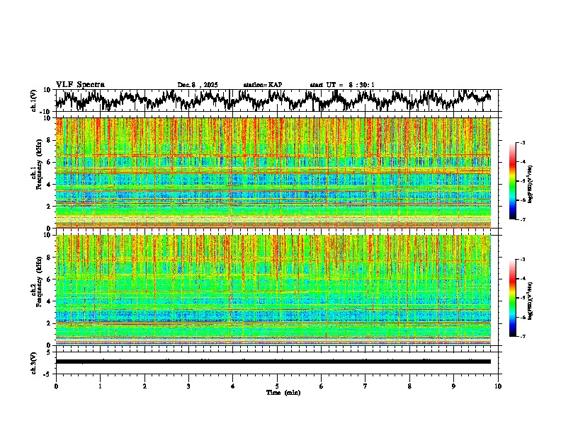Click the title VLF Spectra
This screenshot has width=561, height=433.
click(x=80, y=84)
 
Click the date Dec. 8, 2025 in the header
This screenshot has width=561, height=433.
click(x=198, y=85)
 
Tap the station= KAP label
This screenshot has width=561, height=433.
click(x=262, y=85)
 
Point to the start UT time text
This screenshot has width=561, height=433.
click(x=342, y=85)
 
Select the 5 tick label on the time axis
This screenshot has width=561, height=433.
click(x=277, y=386)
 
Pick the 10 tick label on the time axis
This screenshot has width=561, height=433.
click(x=498, y=386)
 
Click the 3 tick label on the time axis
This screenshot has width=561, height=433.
click(x=188, y=386)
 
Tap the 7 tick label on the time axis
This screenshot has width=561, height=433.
click(x=365, y=386)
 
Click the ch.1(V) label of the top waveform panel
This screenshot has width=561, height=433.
click(x=35, y=100)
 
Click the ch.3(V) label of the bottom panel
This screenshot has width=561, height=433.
click(x=35, y=361)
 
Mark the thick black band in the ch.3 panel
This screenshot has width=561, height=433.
click(x=273, y=362)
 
